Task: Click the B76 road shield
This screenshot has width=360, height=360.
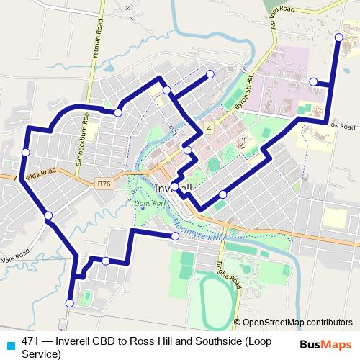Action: pos(104,184)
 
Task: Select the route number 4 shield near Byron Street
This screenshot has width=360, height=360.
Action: pos(208,128)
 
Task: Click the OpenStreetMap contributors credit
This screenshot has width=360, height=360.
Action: pos(297,323)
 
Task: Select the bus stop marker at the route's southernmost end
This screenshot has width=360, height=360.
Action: pos(70,304)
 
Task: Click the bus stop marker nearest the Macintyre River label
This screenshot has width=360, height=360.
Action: pos(175,236)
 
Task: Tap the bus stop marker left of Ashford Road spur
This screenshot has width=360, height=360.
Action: pos(313,82)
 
